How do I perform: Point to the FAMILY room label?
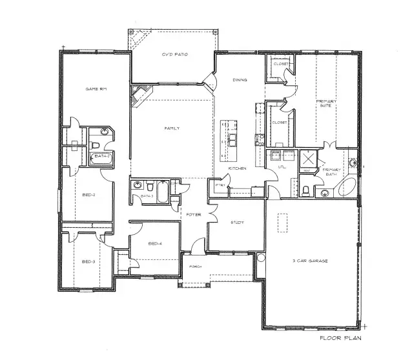click(172, 128)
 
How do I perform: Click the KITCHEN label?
click(238, 169)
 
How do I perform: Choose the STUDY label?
click(237, 223)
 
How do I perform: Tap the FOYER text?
click(194, 214)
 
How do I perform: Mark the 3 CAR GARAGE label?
click(311, 261)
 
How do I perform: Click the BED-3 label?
click(88, 261)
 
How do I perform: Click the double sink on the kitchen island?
click(231, 139)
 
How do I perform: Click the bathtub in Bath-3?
click(162, 192)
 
